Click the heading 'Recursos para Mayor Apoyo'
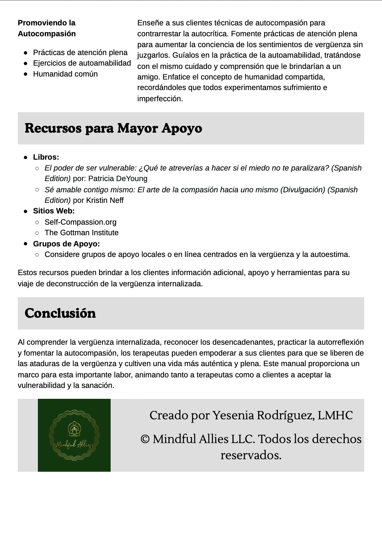click(x=113, y=128)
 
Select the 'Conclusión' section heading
click(x=60, y=313)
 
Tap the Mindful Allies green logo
click(x=74, y=435)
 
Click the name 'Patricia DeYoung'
click(x=118, y=178)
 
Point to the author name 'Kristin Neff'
click(x=105, y=200)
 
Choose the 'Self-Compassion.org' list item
click(x=80, y=222)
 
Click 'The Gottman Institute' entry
click(x=81, y=233)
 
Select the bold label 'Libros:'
click(x=46, y=157)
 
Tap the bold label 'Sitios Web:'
click(x=54, y=211)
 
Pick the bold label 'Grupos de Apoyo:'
click(x=66, y=244)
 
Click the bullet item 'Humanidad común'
click(x=65, y=74)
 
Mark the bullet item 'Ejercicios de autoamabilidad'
click(x=82, y=63)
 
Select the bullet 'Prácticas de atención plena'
click(x=80, y=52)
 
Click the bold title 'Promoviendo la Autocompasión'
click(x=47, y=28)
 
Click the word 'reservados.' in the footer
click(x=251, y=455)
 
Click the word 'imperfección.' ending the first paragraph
click(x=160, y=99)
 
